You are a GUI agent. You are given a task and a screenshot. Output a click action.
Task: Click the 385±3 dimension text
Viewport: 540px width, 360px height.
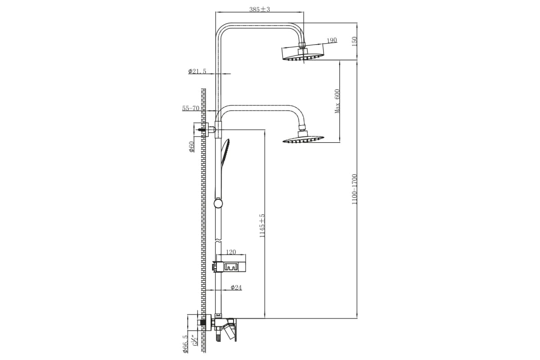pyautogui.click(x=260, y=9)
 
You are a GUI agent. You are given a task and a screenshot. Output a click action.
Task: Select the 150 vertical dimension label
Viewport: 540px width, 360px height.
pyautogui.click(x=354, y=41)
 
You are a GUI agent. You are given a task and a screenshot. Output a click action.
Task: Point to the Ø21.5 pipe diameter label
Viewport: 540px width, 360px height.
pyautogui.click(x=197, y=71)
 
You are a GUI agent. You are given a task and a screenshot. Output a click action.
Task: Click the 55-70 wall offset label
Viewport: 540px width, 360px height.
pyautogui.click(x=190, y=108)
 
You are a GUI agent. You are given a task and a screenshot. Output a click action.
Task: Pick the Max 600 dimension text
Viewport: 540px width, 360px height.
pyautogui.click(x=337, y=101)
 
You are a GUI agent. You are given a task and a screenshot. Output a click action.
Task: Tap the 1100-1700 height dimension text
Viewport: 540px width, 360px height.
pyautogui.click(x=354, y=189)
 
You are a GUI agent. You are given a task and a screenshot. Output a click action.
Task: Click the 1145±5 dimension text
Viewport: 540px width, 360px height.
pyautogui.click(x=262, y=225)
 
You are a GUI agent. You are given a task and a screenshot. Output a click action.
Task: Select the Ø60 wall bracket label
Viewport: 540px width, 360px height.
pyautogui.click(x=191, y=147)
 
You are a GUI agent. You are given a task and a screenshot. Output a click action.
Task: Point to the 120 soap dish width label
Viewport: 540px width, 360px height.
pyautogui.click(x=231, y=252)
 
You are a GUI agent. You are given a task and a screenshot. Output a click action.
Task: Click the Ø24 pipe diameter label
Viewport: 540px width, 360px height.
pyautogui.click(x=237, y=287)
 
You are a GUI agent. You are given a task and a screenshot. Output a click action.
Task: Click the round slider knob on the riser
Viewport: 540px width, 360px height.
pyautogui.click(x=218, y=203)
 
